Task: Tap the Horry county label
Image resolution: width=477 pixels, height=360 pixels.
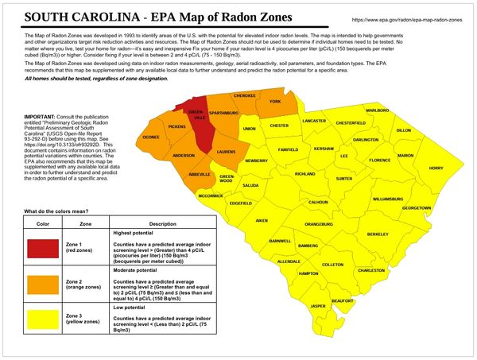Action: click(x=436, y=168)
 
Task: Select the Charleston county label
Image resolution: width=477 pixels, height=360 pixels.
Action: click(x=370, y=271)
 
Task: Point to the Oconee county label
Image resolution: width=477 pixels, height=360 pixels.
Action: click(x=151, y=137)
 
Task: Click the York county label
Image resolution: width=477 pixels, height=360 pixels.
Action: click(x=276, y=103)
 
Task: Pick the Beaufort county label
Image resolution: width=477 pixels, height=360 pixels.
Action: click(x=343, y=301)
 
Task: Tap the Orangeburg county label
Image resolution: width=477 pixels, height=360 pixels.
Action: click(x=318, y=225)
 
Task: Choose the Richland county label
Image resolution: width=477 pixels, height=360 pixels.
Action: click(x=306, y=174)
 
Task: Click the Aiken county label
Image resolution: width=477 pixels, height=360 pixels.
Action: click(x=262, y=219)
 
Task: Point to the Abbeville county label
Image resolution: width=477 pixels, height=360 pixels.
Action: click(x=199, y=174)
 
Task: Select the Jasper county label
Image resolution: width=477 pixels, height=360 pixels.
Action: click(x=317, y=306)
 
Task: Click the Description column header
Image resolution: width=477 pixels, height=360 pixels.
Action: click(x=157, y=224)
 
